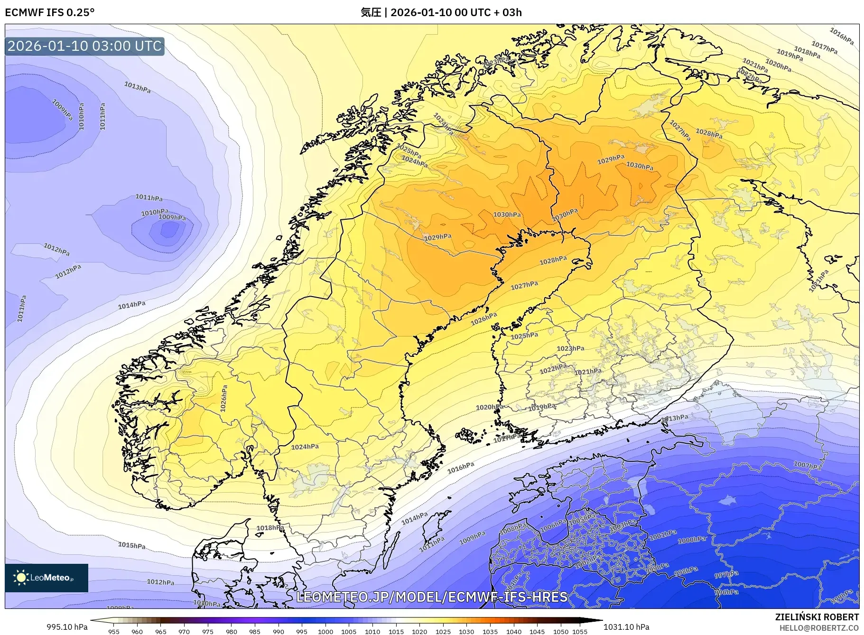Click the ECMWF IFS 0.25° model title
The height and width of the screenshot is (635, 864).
[x=50, y=12]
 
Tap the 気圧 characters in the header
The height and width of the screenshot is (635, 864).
[x=371, y=12]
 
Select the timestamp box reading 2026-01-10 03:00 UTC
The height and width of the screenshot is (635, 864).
[x=84, y=46]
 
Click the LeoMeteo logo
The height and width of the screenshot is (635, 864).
[x=46, y=578]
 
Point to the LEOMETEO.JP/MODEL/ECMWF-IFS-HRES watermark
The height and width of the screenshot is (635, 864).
[x=432, y=597]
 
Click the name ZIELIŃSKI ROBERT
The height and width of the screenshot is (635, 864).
[x=817, y=617]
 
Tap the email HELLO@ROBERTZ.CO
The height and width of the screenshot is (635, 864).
[x=819, y=628]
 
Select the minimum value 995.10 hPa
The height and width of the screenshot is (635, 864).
[x=67, y=627]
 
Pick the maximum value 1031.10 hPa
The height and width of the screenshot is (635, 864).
[x=626, y=627]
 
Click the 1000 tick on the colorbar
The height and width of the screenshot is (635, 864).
[x=325, y=632]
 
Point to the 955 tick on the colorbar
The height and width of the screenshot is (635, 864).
[x=114, y=632]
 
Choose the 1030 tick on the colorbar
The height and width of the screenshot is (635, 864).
[x=466, y=632]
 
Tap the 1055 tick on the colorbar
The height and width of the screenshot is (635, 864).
[x=580, y=632]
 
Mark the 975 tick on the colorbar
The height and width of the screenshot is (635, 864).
[x=208, y=632]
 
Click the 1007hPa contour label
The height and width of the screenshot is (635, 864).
[x=807, y=466]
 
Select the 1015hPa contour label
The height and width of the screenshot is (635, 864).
[x=132, y=545]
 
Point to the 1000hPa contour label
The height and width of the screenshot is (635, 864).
[x=692, y=540]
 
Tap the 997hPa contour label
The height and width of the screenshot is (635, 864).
[x=726, y=575]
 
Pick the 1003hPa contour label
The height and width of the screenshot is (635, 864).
[x=622, y=525]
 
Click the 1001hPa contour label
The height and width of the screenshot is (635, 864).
[x=663, y=535]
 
